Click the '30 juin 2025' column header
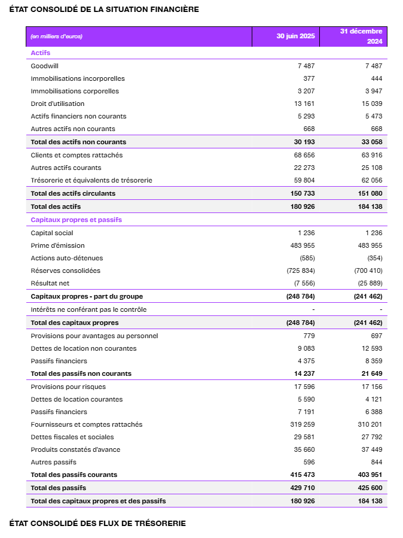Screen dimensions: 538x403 [295, 36]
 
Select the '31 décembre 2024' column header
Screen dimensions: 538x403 [361, 36]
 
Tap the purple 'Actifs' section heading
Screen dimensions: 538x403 [41, 53]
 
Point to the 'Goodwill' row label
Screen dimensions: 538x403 [45, 66]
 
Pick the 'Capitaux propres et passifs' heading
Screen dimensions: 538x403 [76, 220]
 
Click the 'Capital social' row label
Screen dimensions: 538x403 [52, 233]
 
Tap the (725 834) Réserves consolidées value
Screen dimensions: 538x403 [302, 270]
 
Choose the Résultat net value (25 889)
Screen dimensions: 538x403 [368, 283]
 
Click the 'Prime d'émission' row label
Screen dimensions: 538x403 [57, 245]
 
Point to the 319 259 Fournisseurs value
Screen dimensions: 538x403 [303, 424]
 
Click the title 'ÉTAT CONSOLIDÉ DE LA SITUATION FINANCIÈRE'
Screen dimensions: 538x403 [104, 9]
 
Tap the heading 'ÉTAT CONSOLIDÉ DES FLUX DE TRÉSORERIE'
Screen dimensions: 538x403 [97, 523]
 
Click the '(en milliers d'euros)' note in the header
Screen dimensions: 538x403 [56, 36]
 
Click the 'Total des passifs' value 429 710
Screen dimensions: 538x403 [303, 488]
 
